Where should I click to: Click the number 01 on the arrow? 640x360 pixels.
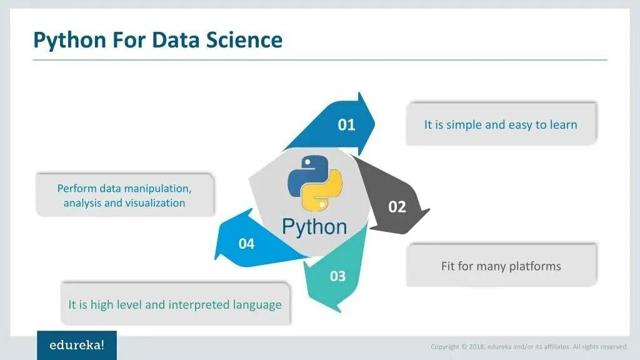click(346, 124)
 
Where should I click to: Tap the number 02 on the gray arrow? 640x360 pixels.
click(397, 206)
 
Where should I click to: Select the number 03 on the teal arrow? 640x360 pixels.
click(337, 276)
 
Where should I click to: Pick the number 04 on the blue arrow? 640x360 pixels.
click(246, 243)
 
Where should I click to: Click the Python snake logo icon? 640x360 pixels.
click(314, 181)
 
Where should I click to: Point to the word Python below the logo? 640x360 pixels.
click(314, 226)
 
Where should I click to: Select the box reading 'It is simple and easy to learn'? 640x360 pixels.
click(501, 124)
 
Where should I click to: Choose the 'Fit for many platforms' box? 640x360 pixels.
click(501, 266)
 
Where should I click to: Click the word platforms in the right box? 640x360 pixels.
click(535, 266)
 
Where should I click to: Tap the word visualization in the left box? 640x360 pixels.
click(155, 203)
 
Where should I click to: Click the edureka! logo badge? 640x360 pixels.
click(77, 345)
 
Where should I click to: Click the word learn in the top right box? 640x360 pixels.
click(564, 124)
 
